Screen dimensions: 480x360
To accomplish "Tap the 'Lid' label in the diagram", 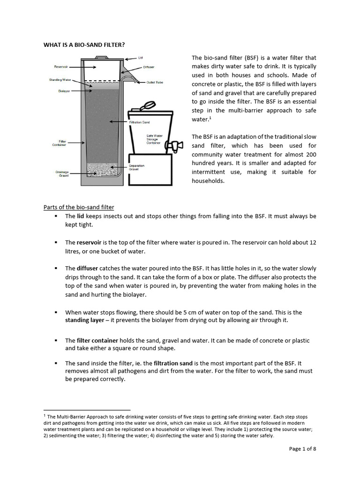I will [x=140, y=58].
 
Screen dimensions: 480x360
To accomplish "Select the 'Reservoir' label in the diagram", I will [x=61, y=67].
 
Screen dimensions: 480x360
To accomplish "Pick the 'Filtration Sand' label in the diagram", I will [x=139, y=122].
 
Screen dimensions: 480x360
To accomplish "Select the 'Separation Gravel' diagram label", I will [x=136, y=168].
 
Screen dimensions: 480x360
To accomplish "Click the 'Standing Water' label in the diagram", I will [x=60, y=80].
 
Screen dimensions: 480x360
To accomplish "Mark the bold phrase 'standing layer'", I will [x=84, y=321].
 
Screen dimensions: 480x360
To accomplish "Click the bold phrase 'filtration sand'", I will [x=173, y=363].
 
